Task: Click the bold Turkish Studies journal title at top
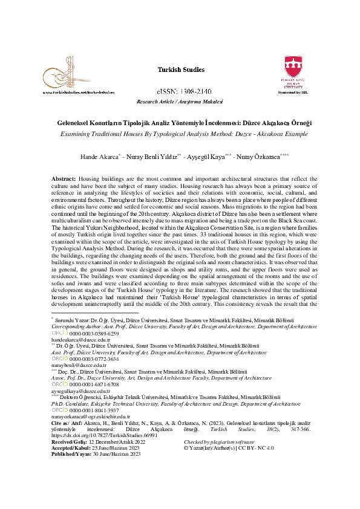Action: (x=180, y=70)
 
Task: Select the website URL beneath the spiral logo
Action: (x=79, y=92)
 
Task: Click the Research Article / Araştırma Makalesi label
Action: (x=180, y=102)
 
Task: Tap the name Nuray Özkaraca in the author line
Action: (x=257, y=157)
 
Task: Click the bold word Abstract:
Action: (x=63, y=180)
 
